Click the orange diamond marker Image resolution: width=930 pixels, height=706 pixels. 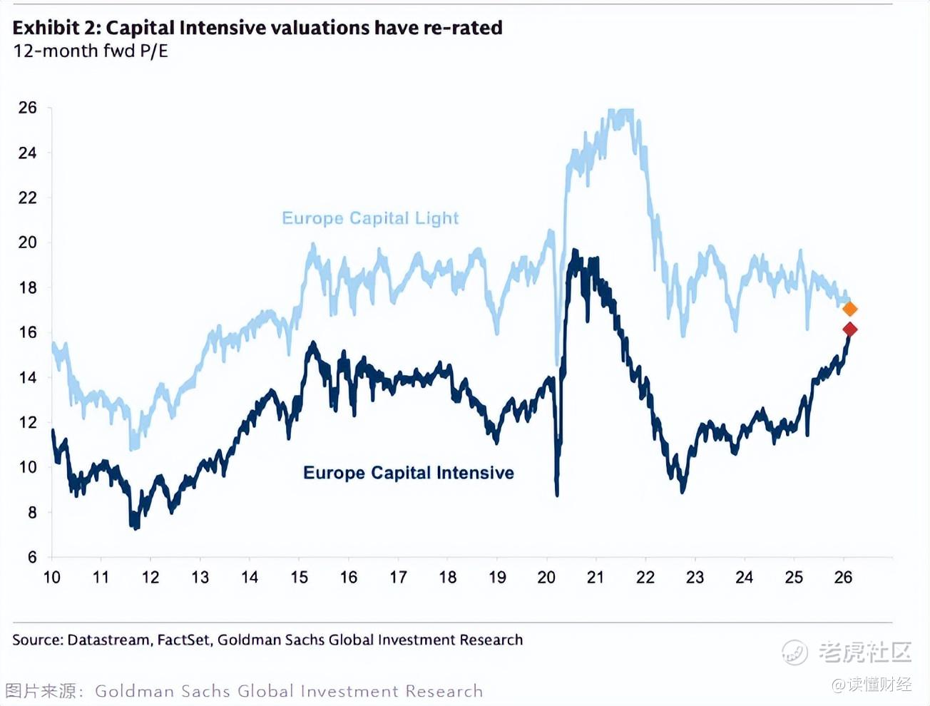(x=849, y=309)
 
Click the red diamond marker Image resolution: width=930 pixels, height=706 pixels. (x=849, y=329)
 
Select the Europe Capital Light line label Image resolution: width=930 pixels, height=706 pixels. (x=370, y=218)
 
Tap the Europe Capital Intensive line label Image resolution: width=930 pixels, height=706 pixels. (x=408, y=473)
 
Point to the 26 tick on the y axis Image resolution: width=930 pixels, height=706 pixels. (x=28, y=108)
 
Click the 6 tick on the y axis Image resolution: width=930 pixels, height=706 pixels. (x=32, y=557)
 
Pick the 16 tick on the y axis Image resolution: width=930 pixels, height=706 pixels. (x=28, y=332)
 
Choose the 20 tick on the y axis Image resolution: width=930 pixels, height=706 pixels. (x=28, y=242)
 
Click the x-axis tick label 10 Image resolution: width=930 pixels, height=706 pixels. (x=52, y=578)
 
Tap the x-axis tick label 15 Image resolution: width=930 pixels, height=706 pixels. (x=300, y=578)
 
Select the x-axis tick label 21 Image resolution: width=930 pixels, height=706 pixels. (x=596, y=578)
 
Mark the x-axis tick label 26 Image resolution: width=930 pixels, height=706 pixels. (x=843, y=578)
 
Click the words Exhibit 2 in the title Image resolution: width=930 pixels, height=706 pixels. (x=56, y=28)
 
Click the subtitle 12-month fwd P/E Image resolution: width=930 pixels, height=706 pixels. (x=91, y=51)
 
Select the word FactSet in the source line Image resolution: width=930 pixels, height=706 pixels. (x=183, y=640)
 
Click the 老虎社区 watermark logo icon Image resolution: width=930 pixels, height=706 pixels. (x=795, y=652)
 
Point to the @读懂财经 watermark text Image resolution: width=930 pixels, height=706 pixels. (x=872, y=685)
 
